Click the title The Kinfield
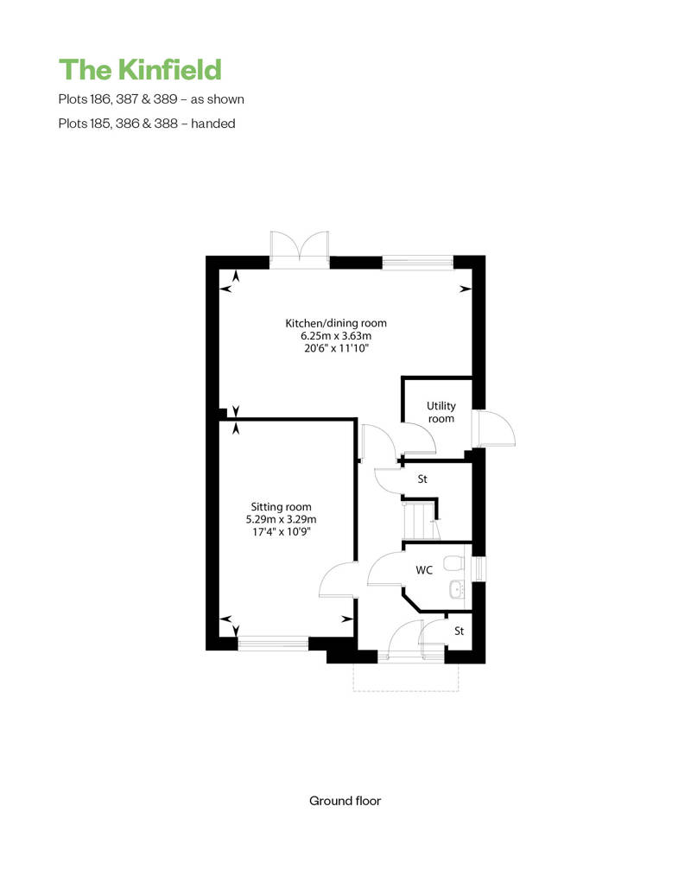[x=140, y=70]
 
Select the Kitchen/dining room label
[x=336, y=323]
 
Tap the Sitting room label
[x=282, y=507]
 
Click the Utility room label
[x=441, y=411]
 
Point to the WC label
[x=424, y=569]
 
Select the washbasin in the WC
[x=457, y=589]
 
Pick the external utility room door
[x=494, y=428]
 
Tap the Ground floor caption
[x=345, y=801]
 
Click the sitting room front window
[x=273, y=644]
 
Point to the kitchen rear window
[x=418, y=262]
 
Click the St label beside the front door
[x=459, y=631]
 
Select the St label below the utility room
[x=422, y=479]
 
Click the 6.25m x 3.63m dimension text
[x=336, y=335]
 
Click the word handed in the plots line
[x=213, y=124]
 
